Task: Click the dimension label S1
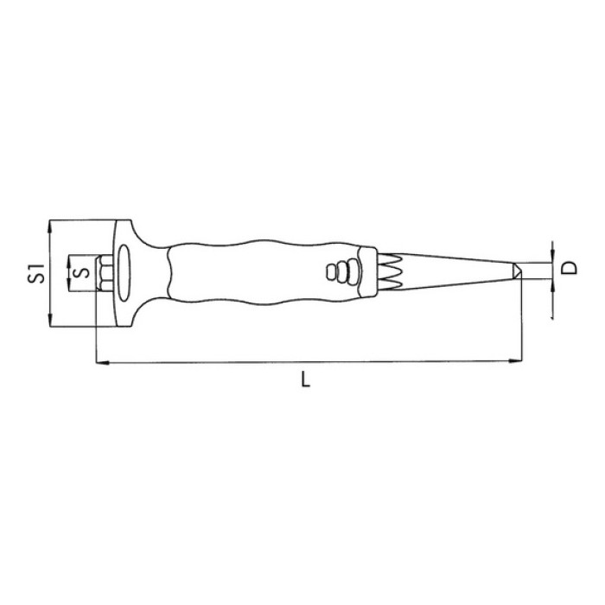[x=35, y=274]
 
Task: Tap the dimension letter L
[x=306, y=379]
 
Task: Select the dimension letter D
[x=569, y=267]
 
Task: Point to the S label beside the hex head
[x=82, y=273]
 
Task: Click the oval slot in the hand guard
[x=124, y=272]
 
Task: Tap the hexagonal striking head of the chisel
[x=105, y=272]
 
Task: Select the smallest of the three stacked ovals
[x=331, y=272]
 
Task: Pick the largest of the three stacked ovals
[x=353, y=272]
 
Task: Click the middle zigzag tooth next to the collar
[x=391, y=272]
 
